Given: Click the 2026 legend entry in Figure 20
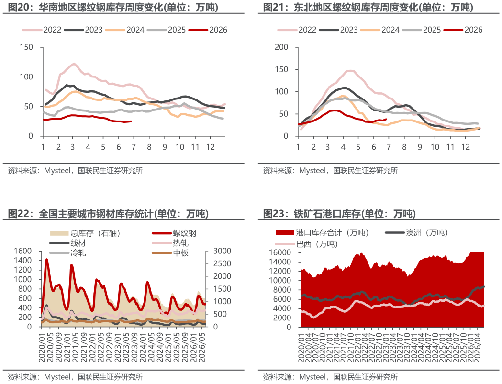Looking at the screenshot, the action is pyautogui.click(x=208, y=30).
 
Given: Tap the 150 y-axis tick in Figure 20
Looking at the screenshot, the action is pyautogui.click(x=26, y=47).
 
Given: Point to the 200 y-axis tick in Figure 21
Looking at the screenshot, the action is pyautogui.click(x=281, y=47).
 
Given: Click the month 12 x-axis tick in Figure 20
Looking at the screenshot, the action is pyautogui.click(x=210, y=147).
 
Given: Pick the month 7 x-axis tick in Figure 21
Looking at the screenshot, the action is pyautogui.click(x=389, y=147).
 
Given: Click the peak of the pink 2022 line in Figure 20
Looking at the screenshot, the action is pyautogui.click(x=74, y=64).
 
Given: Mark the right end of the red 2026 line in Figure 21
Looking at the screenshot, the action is pyautogui.click(x=386, y=119).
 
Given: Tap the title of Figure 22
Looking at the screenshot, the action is pyautogui.click(x=108, y=213).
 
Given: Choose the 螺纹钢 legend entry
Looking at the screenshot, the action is pyautogui.click(x=174, y=233).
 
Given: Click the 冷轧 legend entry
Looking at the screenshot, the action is pyautogui.click(x=68, y=253).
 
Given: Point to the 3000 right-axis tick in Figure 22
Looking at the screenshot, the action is pyautogui.click(x=222, y=251).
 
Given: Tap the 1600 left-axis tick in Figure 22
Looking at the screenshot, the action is pyautogui.click(x=22, y=251).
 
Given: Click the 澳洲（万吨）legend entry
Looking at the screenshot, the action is pyautogui.click(x=416, y=232).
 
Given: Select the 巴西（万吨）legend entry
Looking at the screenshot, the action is pyautogui.click(x=307, y=244).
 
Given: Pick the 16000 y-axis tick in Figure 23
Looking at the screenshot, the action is pyautogui.click(x=280, y=252).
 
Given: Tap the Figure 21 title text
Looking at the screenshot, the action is pyautogui.click(x=368, y=7).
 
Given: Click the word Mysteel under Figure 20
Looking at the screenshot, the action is pyautogui.click(x=57, y=171).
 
